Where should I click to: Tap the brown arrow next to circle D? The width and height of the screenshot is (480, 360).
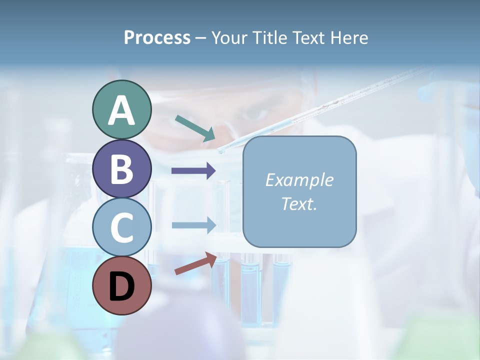pos(195,263)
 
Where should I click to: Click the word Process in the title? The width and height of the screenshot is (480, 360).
pos(157,37)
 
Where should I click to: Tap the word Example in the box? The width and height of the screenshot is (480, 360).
pos(299,180)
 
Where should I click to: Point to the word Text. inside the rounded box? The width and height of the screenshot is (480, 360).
pos(299,203)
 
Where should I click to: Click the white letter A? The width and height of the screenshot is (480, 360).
pos(121,110)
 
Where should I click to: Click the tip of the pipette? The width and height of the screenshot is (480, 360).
pos(220,150)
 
